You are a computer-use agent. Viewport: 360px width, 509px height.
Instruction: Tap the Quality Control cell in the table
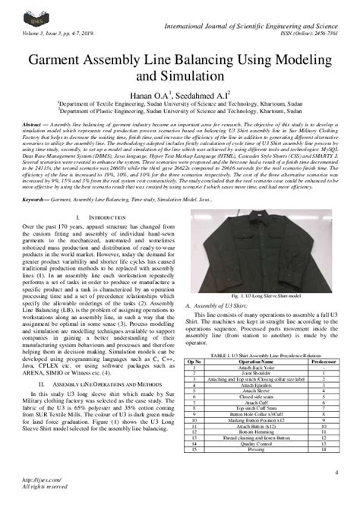[254, 444]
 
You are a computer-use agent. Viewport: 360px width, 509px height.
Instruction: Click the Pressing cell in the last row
[254, 450]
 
